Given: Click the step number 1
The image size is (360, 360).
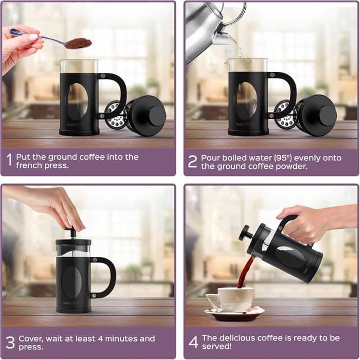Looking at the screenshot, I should [9, 161].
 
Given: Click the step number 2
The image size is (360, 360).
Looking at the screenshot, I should [192, 161].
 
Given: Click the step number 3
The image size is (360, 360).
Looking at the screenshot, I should [10, 343].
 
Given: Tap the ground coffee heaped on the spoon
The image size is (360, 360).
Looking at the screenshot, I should [78, 43].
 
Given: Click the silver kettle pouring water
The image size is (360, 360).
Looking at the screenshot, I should [205, 25].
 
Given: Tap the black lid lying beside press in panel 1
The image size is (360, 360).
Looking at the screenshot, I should [147, 115].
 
